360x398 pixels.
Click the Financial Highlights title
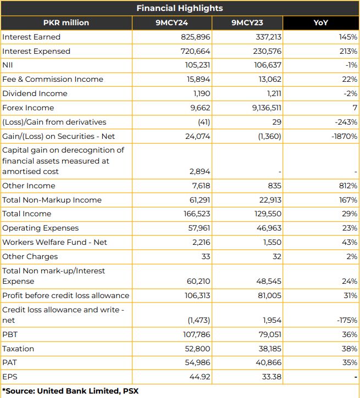180,8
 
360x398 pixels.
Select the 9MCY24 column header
171,23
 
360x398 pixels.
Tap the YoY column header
320,23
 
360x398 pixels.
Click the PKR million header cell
66,23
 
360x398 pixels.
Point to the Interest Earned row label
31,37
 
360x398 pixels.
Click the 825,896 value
195,37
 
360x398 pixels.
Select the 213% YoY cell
348,51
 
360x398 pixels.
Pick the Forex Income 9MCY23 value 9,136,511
267,108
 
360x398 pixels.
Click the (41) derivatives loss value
204,122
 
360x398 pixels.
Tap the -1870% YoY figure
344,136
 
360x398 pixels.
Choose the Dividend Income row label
35,93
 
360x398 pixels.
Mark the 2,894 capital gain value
200,172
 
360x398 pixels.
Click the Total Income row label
27,214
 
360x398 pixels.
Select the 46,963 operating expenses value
269,228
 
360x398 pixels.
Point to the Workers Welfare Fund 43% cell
350,242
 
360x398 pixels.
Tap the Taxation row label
18,349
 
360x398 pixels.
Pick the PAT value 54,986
197,362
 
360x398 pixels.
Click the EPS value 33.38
272,377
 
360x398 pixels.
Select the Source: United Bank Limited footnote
70,391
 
